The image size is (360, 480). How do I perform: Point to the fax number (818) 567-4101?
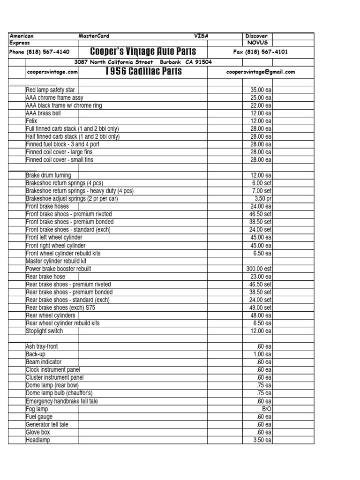[x=260, y=52]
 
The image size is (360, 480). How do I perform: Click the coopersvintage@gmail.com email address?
[x=260, y=72]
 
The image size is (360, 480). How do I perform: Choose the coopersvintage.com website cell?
[x=52, y=72]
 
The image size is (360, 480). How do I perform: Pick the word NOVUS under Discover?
[x=257, y=42]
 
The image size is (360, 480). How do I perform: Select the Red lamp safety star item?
[x=50, y=90]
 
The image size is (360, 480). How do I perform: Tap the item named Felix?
[x=31, y=121]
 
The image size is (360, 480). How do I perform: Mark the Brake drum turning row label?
[x=48, y=175]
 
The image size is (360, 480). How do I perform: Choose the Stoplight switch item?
[x=44, y=331]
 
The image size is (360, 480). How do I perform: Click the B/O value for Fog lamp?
[x=266, y=409]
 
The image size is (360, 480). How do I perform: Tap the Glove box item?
[x=38, y=432]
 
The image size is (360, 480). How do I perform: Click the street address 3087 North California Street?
[x=114, y=62]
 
